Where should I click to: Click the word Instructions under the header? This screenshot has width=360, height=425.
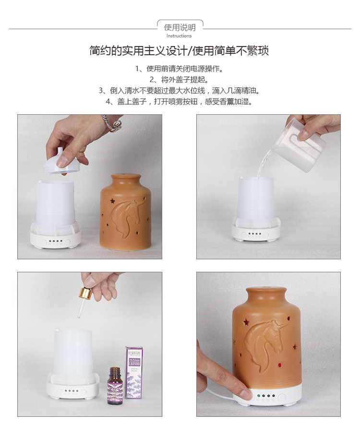(179, 36)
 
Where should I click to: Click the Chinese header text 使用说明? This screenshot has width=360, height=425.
(180, 27)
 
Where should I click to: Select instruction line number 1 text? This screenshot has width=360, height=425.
(180, 69)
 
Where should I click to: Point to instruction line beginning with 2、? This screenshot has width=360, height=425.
(180, 79)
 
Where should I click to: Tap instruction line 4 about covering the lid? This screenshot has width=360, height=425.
(180, 101)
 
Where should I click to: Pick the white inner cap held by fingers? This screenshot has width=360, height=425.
(61, 162)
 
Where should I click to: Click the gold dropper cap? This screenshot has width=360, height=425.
(85, 293)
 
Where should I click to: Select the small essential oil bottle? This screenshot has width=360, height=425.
(115, 385)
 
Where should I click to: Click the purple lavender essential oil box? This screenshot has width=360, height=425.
(133, 373)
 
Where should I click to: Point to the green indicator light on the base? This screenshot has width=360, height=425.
(259, 396)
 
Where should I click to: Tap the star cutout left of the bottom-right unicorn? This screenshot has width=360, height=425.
(246, 322)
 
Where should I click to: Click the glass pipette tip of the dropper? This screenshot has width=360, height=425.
(79, 316)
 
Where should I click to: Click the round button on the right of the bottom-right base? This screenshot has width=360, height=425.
(282, 397)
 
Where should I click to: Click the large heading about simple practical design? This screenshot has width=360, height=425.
(179, 51)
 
